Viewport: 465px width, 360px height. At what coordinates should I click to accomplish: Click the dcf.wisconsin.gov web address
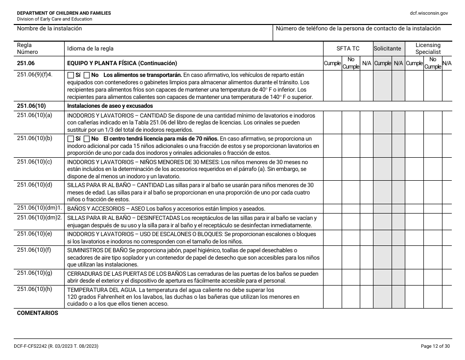click(429, 13)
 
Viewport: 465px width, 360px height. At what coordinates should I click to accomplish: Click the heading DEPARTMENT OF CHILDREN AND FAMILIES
click(64, 13)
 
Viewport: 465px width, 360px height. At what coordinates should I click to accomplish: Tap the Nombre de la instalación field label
click(49, 28)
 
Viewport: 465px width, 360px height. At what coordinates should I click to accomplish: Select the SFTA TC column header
click(348, 48)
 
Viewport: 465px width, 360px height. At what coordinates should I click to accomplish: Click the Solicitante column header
click(387, 48)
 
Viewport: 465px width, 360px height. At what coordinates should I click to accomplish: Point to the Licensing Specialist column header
click(428, 48)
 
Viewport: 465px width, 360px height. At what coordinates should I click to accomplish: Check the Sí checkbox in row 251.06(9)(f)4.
click(70, 75)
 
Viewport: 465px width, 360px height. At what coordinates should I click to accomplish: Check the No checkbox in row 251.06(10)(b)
click(87, 139)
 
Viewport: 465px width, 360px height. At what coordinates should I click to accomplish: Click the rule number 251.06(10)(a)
click(34, 115)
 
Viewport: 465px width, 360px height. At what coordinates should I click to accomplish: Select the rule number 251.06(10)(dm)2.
click(40, 217)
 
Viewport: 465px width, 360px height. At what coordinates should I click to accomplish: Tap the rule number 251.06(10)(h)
click(34, 289)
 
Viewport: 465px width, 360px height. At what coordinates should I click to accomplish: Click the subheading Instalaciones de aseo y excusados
click(110, 106)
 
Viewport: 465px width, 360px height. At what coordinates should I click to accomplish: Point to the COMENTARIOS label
click(37, 313)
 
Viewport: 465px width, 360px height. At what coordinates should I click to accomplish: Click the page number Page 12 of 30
click(434, 346)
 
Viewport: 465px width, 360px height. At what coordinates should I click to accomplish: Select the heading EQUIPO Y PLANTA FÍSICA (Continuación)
click(122, 63)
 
